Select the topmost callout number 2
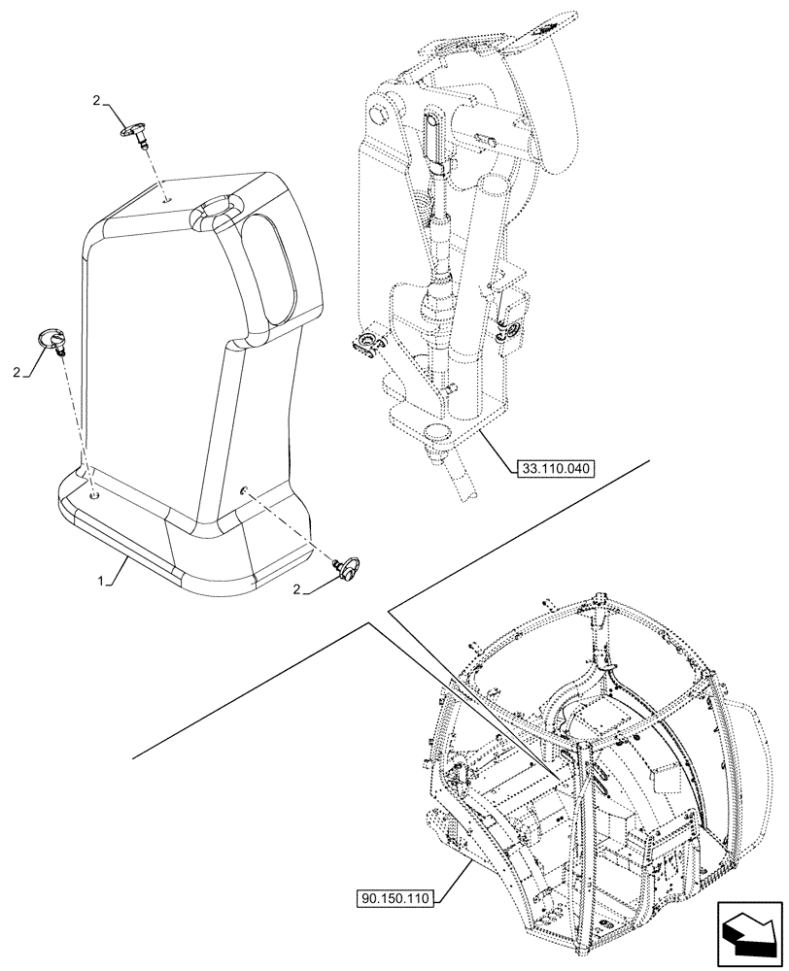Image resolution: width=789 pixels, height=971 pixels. [x=97, y=100]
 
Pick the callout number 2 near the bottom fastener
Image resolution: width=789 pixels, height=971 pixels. [x=296, y=588]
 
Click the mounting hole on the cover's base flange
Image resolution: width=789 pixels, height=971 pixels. [x=92, y=495]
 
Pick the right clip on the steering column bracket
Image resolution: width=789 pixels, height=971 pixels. [x=505, y=332]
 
